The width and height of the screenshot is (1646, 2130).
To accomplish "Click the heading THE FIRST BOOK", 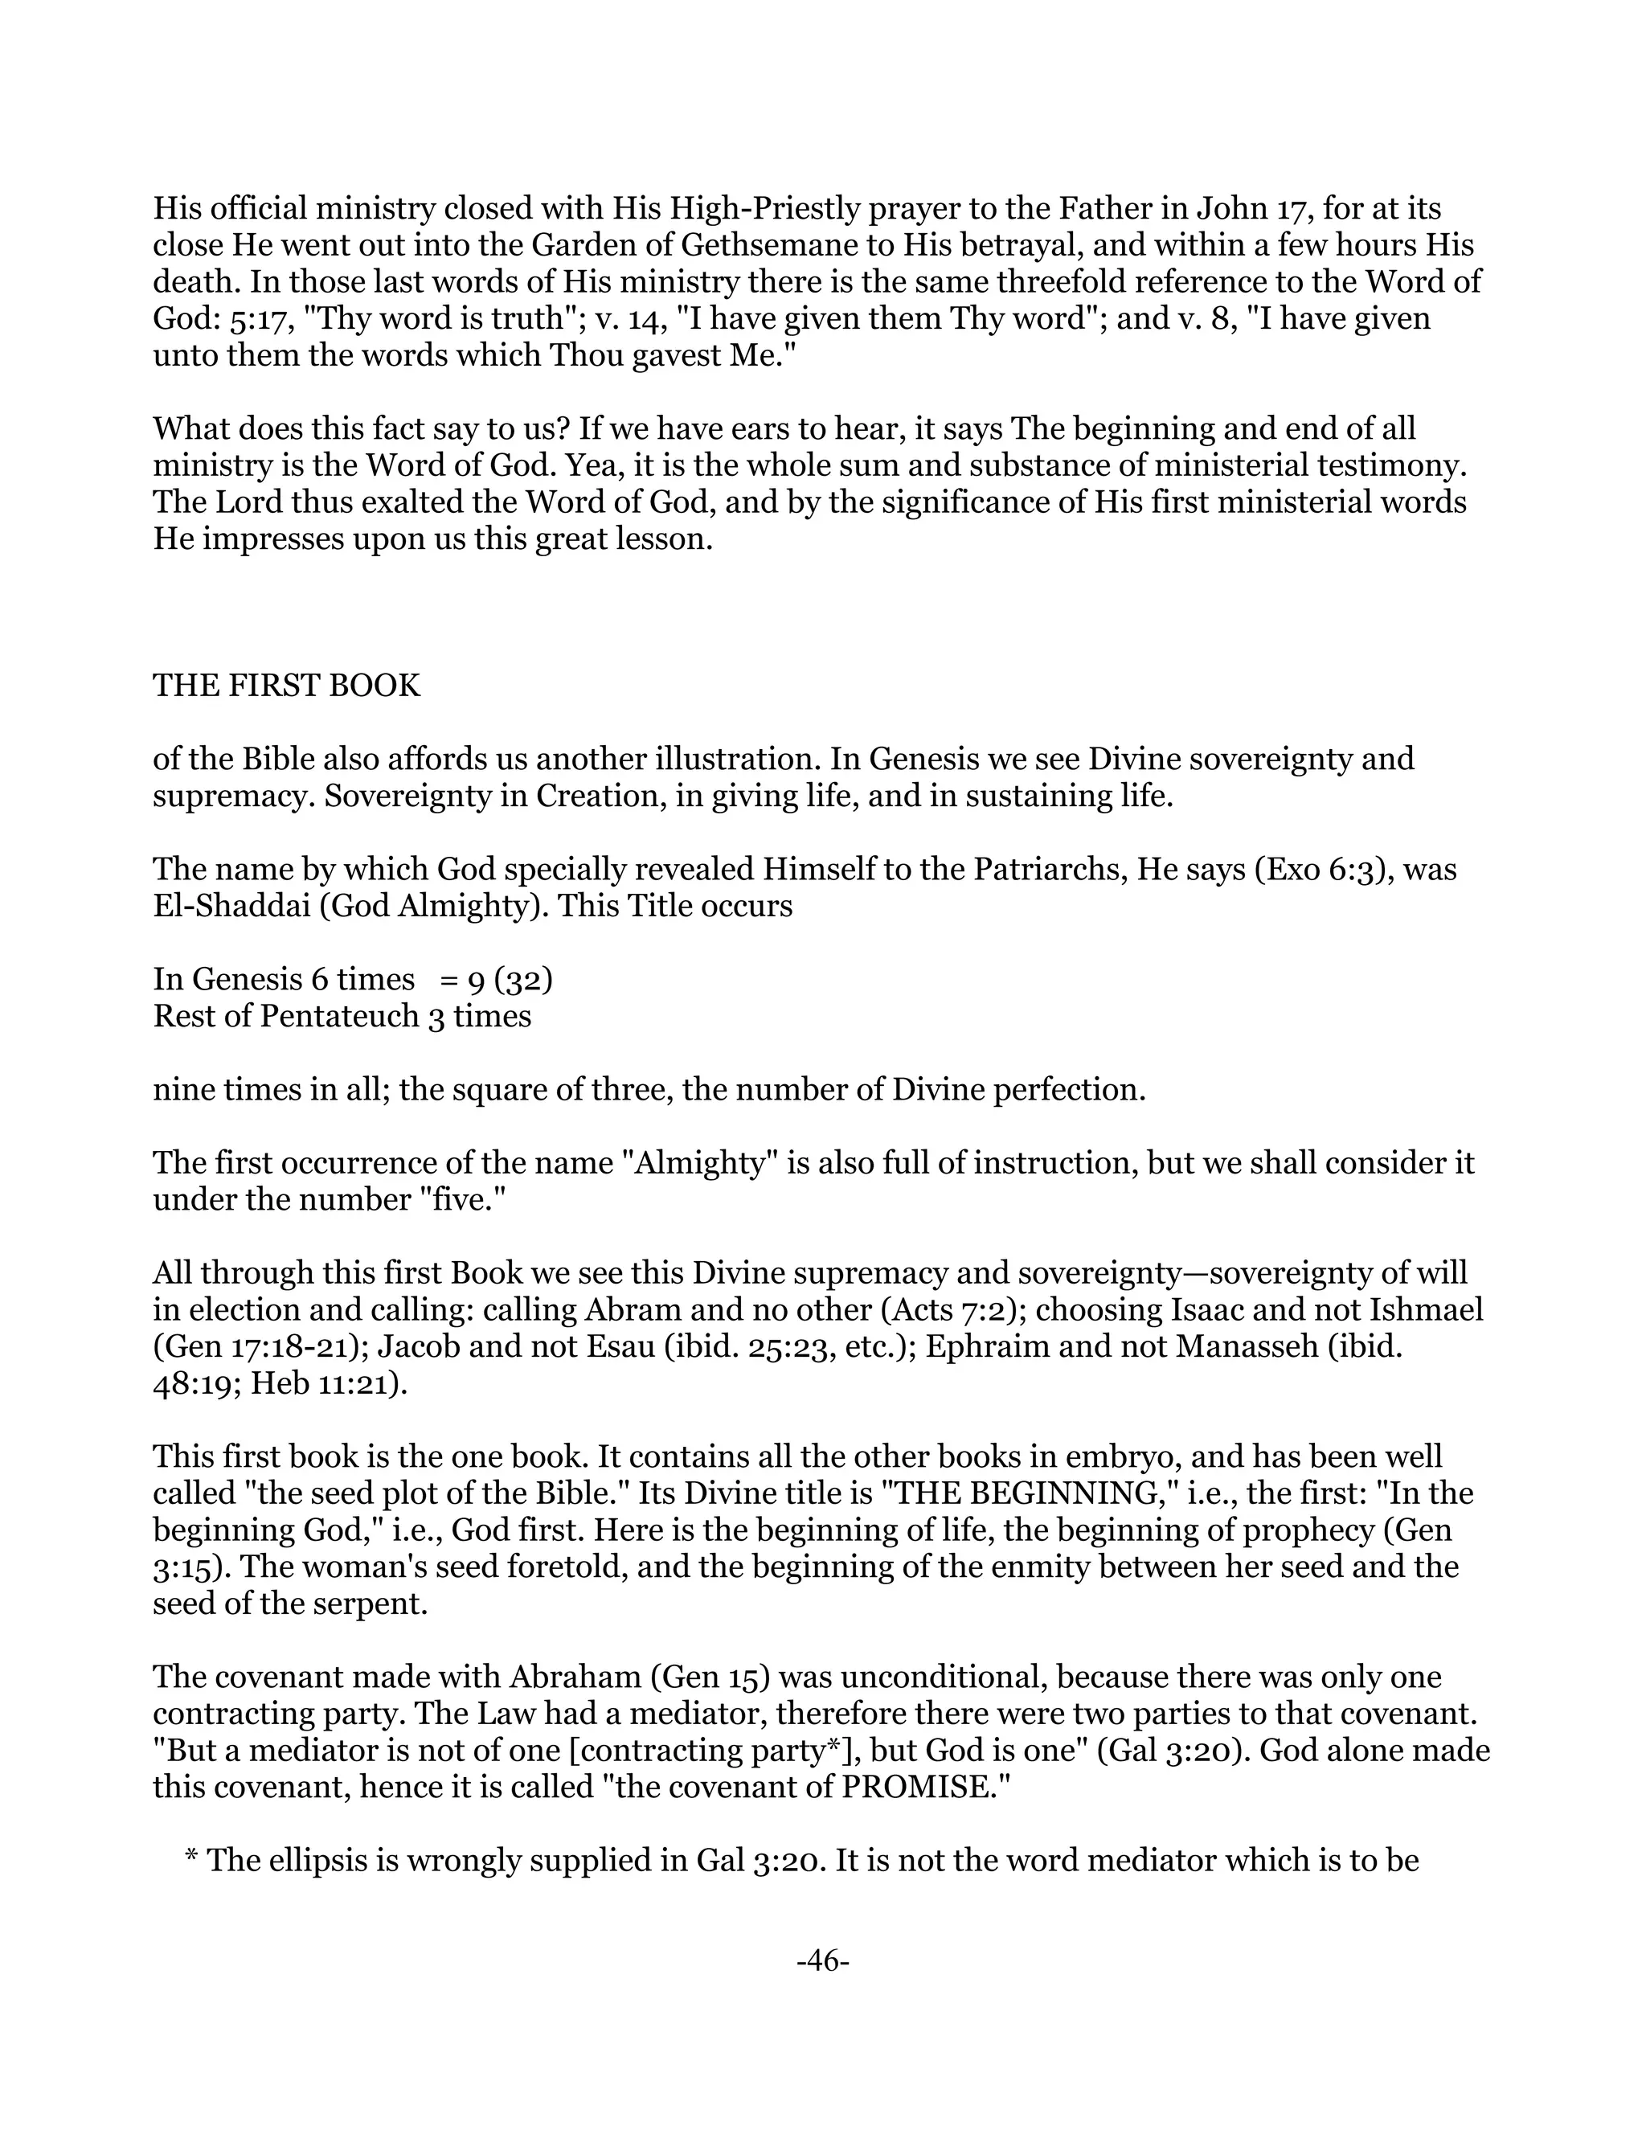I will coord(287,686).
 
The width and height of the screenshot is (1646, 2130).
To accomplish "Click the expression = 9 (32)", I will coord(497,979).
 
